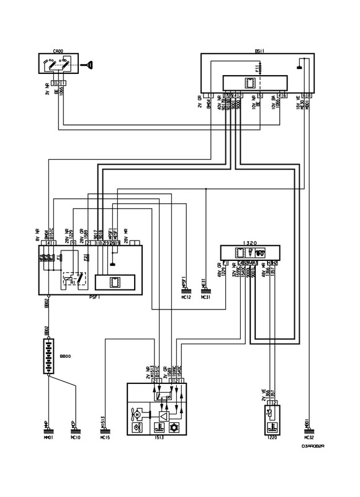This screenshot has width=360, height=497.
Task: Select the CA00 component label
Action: (58, 50)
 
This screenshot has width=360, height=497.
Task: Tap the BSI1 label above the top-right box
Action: (259, 50)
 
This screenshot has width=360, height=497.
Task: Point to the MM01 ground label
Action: (46, 437)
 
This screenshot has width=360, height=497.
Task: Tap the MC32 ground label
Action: (308, 437)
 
